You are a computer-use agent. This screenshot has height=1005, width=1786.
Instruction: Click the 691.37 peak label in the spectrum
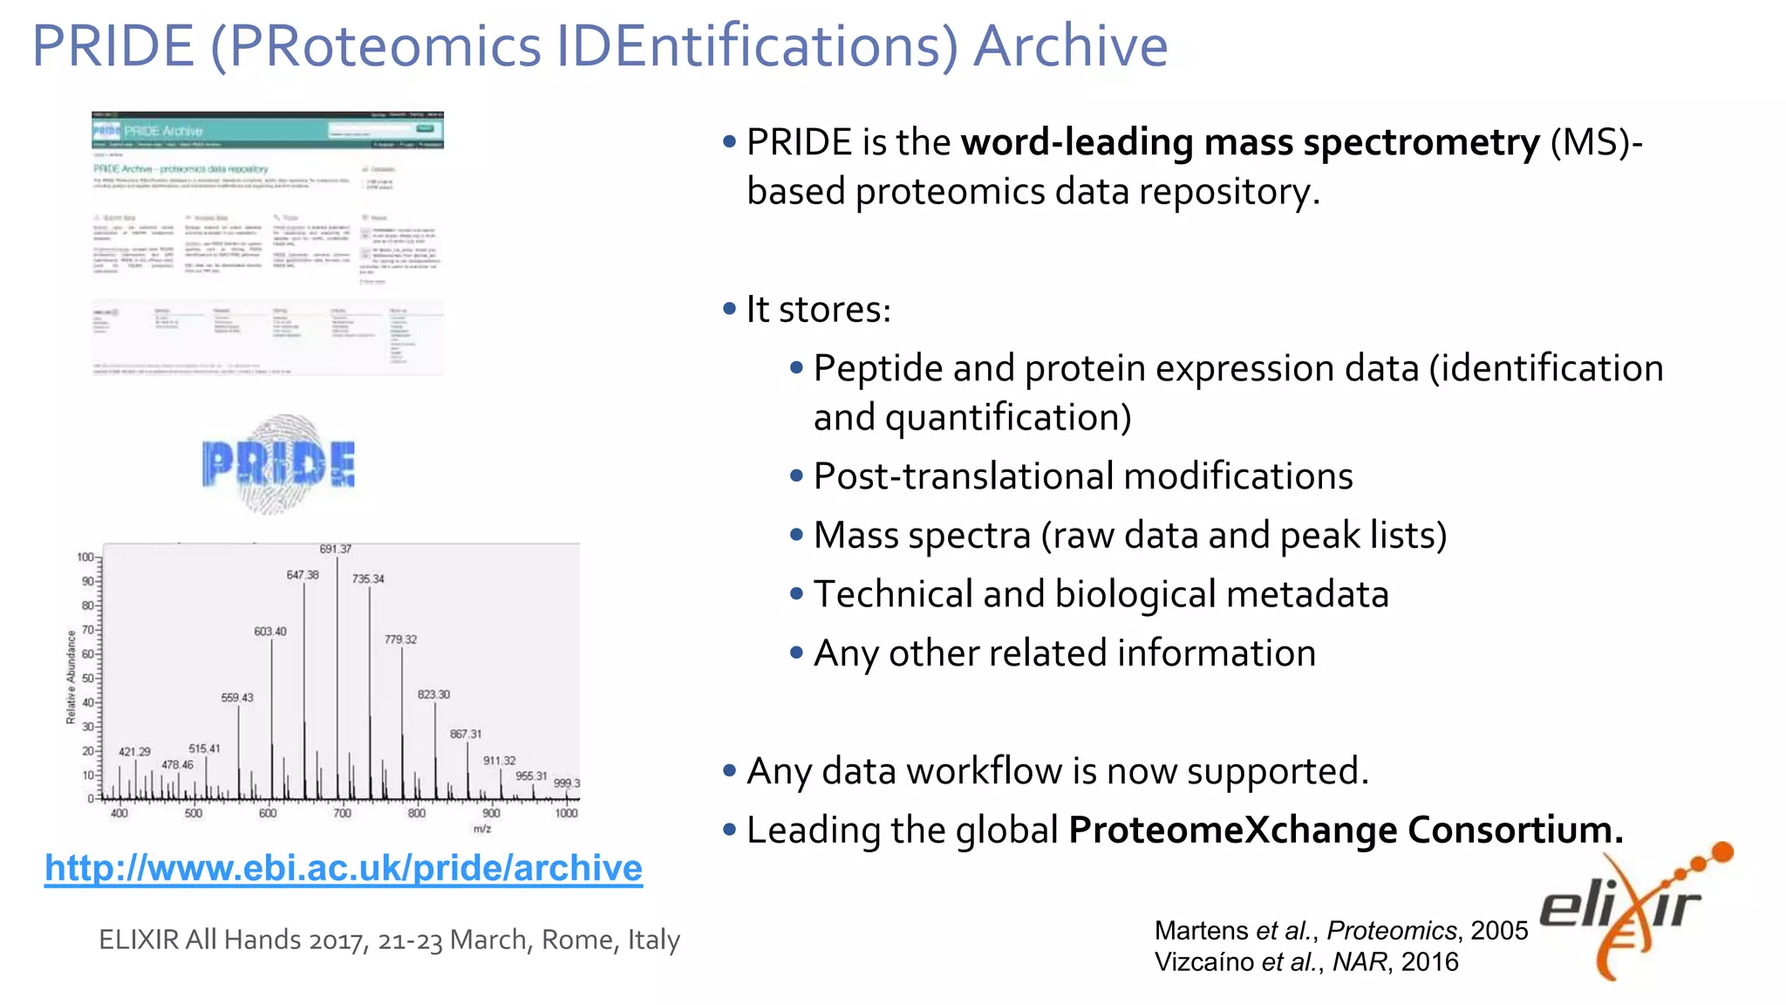(336, 550)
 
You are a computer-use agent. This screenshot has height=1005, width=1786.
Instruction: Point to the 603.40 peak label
(270, 632)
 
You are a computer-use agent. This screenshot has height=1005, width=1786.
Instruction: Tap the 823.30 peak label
(433, 695)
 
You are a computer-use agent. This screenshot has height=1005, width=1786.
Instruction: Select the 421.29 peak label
(134, 752)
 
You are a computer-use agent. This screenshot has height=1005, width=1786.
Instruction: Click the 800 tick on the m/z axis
(417, 813)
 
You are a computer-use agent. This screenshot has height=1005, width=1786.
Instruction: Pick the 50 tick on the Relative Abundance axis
(87, 678)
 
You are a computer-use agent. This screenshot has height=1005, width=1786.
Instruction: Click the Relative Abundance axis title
(72, 677)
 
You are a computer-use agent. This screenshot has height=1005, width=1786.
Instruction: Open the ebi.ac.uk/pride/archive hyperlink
(344, 868)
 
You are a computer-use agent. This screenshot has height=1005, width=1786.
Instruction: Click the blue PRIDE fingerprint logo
(278, 463)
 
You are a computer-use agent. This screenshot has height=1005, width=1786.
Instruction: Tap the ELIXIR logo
(1631, 912)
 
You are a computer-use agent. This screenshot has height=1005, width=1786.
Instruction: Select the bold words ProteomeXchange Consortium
(1346, 830)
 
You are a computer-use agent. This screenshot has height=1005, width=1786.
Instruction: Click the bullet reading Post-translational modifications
(1082, 476)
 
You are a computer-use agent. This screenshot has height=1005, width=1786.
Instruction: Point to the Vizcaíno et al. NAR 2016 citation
(1305, 962)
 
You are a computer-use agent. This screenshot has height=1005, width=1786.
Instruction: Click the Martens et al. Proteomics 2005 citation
(1340, 931)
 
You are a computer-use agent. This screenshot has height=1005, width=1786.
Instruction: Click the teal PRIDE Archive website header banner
(268, 131)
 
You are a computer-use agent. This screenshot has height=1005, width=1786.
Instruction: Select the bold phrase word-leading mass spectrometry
(1250, 142)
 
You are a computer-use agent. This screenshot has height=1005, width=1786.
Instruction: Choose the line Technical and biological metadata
(1101, 594)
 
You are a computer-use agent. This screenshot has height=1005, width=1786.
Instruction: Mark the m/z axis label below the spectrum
(482, 829)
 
